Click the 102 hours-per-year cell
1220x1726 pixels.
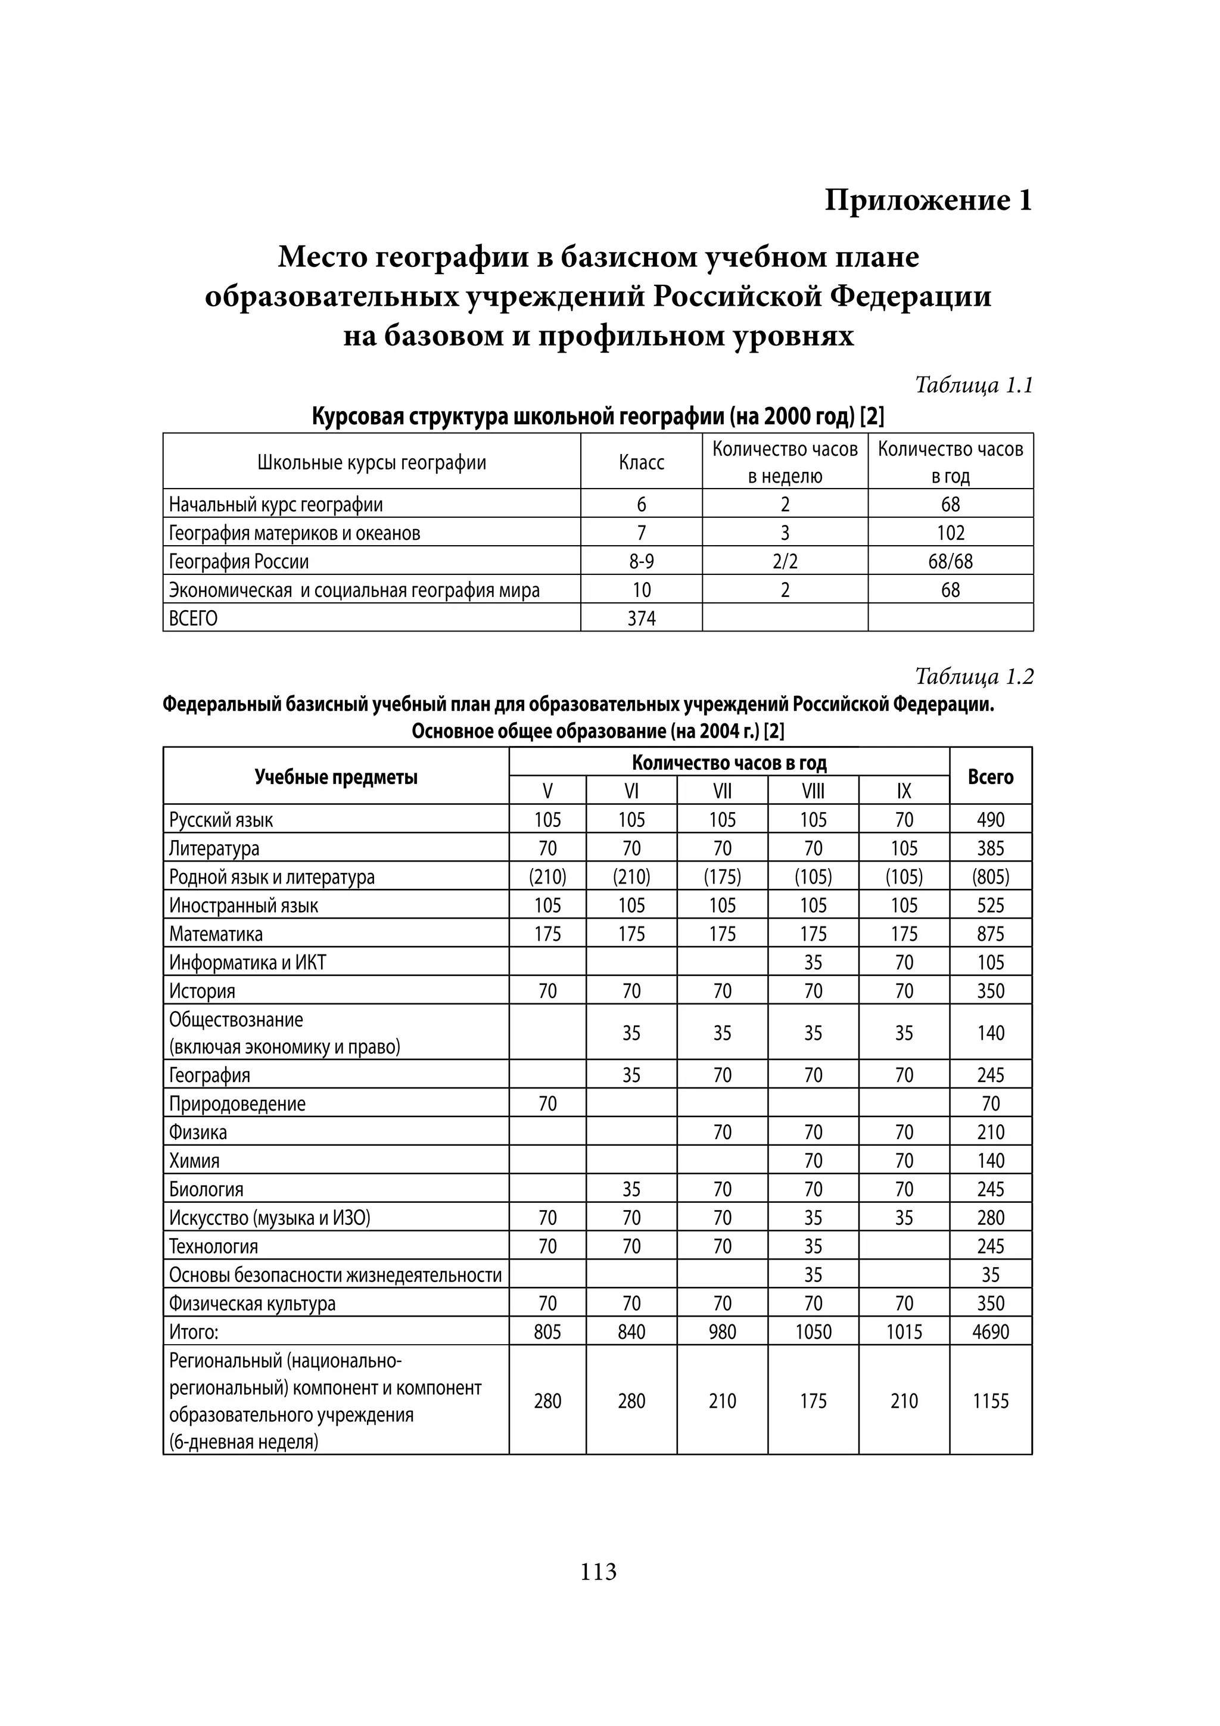[950, 533]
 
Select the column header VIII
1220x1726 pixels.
[813, 791]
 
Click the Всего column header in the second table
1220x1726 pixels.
[990, 776]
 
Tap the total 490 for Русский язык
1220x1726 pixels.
[990, 819]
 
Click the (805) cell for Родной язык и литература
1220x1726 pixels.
[990, 876]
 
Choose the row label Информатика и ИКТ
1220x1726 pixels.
[247, 962]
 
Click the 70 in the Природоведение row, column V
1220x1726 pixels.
[547, 1103]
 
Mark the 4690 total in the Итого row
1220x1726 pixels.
[990, 1332]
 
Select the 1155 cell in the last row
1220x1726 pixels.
[990, 1401]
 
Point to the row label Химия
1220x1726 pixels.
[194, 1161]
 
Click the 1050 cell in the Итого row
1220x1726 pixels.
[813, 1332]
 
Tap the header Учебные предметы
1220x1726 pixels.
[335, 776]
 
